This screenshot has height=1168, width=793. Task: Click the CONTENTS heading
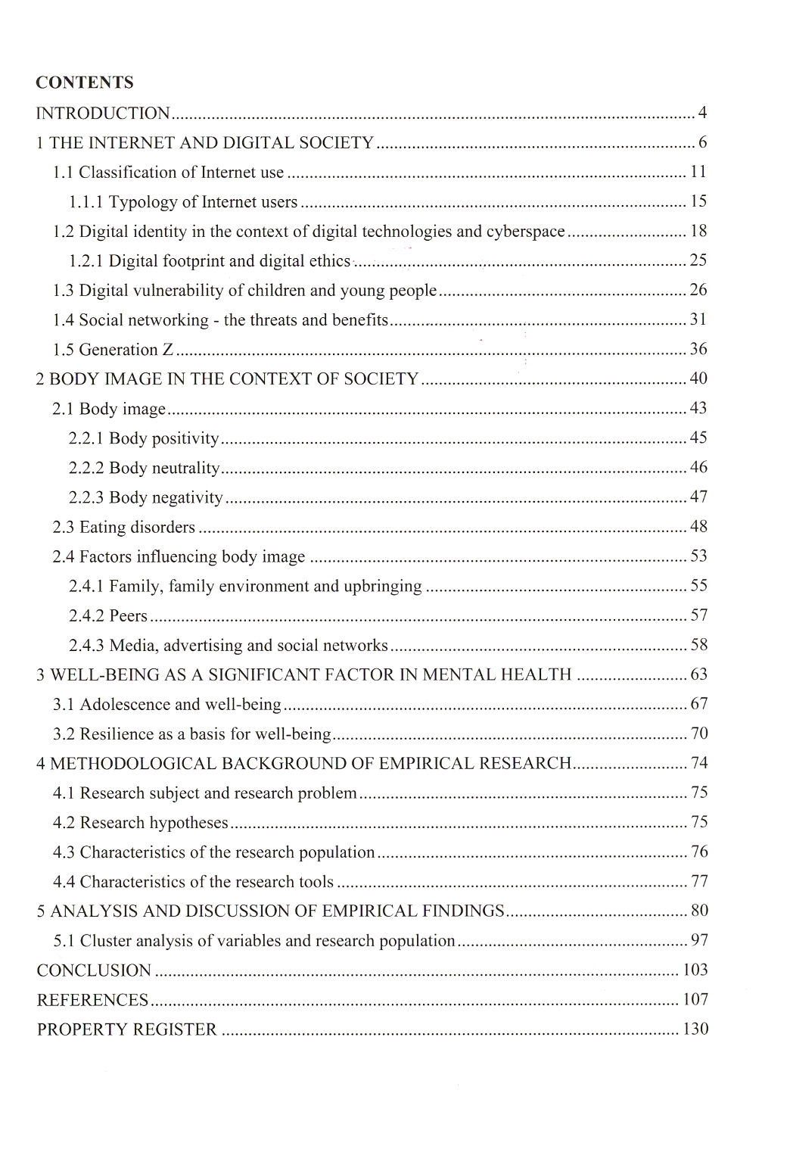(85, 83)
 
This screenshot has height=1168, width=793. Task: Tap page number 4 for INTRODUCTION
(702, 114)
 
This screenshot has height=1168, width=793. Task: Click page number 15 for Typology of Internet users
(698, 201)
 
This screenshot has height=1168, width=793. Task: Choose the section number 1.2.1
(86, 261)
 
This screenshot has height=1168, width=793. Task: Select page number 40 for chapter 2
(698, 378)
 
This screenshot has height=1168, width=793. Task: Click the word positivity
(185, 438)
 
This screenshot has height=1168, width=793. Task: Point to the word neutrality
(186, 468)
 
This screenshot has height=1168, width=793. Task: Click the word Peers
(129, 616)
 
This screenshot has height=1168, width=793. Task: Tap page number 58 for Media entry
(698, 645)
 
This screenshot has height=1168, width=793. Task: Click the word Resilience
(116, 734)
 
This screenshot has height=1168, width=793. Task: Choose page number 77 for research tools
(699, 882)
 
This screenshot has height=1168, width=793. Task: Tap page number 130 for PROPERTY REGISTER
(695, 1029)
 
